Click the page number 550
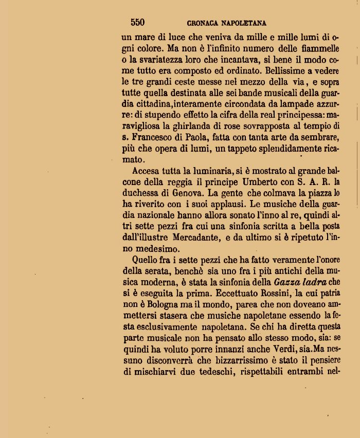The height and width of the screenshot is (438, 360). click(x=137, y=22)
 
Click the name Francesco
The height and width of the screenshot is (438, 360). click(x=155, y=137)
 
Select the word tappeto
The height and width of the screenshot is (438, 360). click(x=242, y=149)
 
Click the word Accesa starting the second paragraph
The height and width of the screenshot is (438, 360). click(x=146, y=171)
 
